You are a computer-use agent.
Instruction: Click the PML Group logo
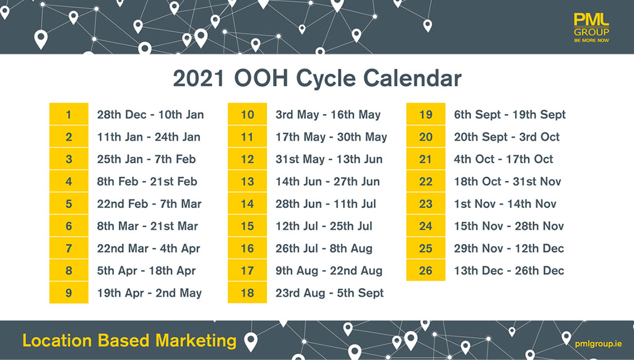click(591, 27)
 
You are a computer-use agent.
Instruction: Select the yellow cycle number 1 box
click(69, 114)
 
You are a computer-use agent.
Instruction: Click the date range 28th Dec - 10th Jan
click(150, 115)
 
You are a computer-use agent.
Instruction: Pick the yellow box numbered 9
click(69, 292)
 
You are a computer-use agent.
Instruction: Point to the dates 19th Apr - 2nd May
click(149, 293)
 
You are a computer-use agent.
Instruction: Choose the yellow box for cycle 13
click(247, 181)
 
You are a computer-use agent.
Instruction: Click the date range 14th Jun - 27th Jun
click(328, 182)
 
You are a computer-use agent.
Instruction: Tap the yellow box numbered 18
click(247, 292)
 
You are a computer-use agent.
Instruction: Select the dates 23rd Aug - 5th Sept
click(329, 293)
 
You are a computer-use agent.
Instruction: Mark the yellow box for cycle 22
click(426, 181)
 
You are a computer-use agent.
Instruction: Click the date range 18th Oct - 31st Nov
click(508, 182)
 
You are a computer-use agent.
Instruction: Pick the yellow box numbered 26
click(426, 270)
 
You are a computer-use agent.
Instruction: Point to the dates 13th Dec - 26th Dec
click(509, 271)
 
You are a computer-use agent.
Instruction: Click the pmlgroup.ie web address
click(599, 344)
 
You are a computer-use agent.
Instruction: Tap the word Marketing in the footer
click(196, 341)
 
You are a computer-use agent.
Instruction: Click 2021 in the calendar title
click(199, 78)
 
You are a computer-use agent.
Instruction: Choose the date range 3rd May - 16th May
click(328, 115)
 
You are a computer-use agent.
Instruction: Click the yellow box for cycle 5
click(69, 203)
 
